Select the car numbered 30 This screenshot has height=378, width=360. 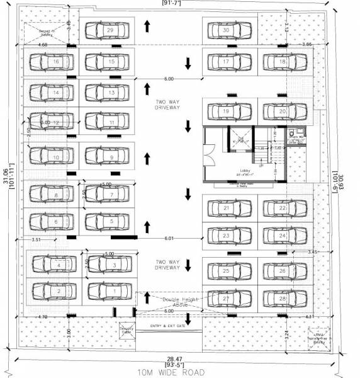coord(226,30)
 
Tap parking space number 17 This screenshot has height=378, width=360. coord(226,62)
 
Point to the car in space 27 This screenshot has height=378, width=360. coord(226,299)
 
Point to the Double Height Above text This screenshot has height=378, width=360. coord(169,302)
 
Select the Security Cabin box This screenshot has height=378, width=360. coord(127,331)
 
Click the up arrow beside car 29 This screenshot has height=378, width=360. coord(147,26)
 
